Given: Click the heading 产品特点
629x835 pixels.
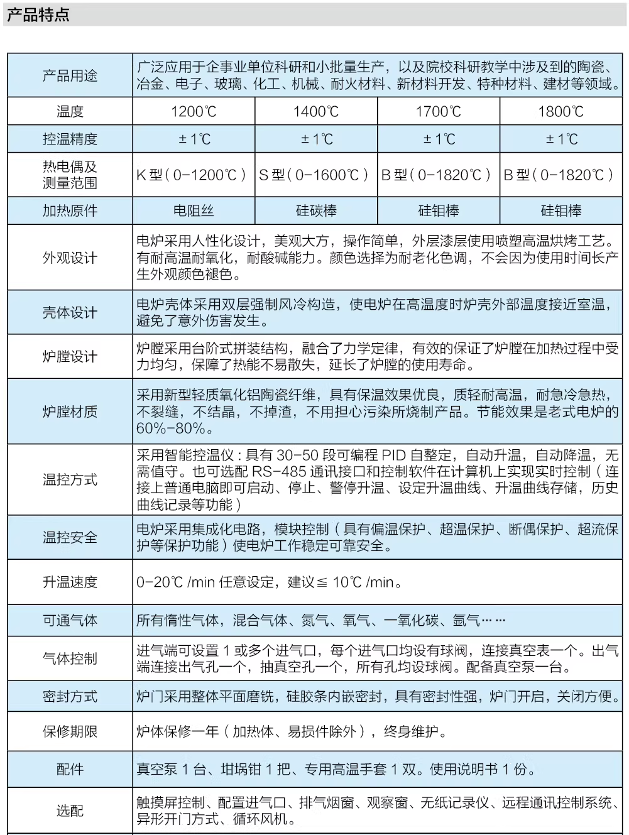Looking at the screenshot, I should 38,16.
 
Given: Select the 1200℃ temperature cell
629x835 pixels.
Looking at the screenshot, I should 194,112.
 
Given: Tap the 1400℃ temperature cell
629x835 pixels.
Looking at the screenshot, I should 315,112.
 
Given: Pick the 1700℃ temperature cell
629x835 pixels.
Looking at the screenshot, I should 438,112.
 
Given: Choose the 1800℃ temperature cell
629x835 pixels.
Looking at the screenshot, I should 561,112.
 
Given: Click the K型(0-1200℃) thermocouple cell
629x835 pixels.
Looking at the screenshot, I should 194,175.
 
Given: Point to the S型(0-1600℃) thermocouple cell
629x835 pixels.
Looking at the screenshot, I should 315,175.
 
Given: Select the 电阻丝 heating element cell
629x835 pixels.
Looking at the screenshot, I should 194,211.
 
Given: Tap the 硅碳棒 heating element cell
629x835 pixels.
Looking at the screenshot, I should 315,211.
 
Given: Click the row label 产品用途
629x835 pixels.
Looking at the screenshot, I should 70,76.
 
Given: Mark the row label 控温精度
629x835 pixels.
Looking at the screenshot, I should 70,139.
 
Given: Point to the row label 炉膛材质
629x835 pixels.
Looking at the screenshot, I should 70,412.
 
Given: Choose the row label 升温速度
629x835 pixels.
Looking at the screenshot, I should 70,582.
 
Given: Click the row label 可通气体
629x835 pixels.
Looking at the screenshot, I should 70,621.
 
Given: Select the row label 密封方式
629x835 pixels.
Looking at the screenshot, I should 70,697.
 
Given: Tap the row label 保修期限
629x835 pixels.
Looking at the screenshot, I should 70,732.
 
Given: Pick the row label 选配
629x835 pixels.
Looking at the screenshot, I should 70,811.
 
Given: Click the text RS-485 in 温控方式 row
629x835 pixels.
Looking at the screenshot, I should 279,472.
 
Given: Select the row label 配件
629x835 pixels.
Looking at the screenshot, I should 70,770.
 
